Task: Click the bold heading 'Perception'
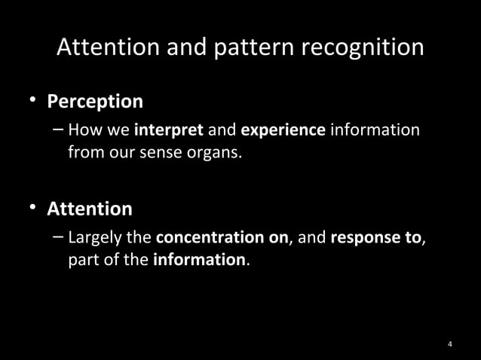click(x=95, y=101)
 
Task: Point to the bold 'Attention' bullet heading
click(x=90, y=209)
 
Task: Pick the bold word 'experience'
click(x=282, y=130)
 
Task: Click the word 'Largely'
click(x=95, y=239)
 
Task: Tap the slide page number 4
click(x=449, y=345)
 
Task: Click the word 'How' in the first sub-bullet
click(x=81, y=130)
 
